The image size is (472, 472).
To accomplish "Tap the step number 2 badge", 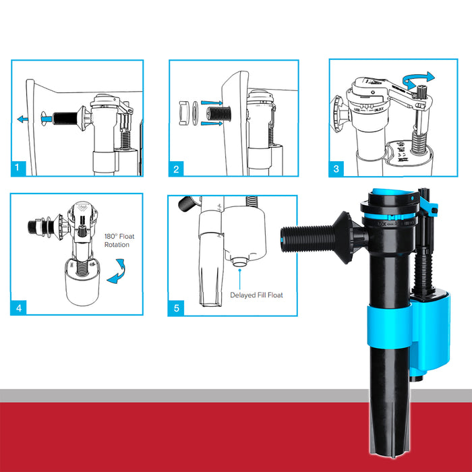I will click(177, 169).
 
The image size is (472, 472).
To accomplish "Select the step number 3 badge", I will click(336, 169).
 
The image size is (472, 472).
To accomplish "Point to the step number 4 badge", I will click(19, 307).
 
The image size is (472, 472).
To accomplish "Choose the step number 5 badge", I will click(177, 307).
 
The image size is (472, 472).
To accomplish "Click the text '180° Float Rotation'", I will click(121, 240).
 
